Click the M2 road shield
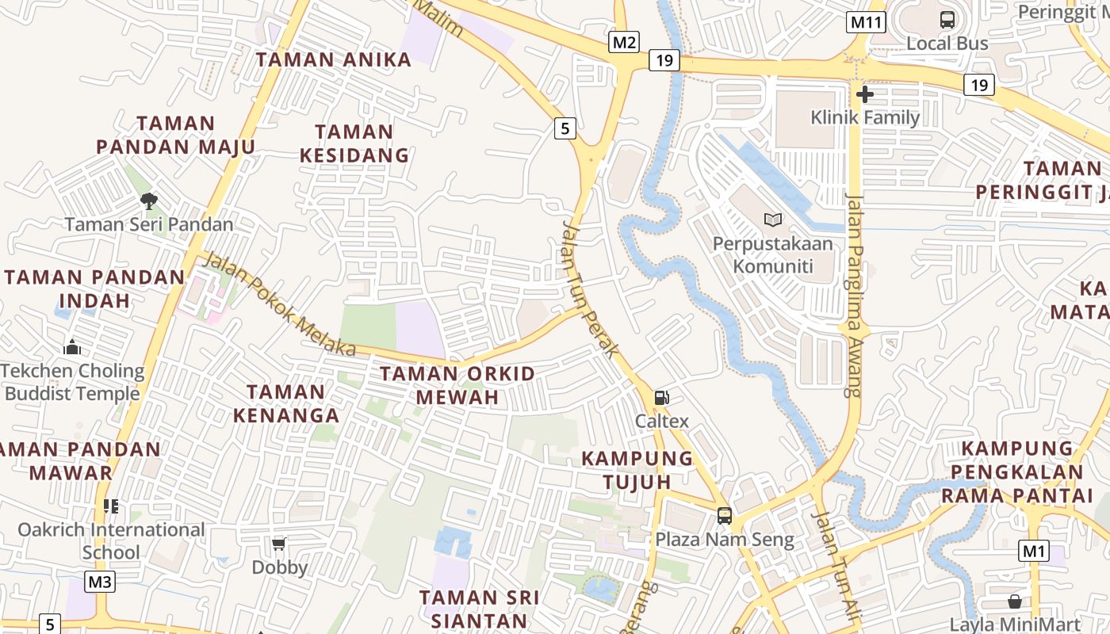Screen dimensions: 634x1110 click(x=624, y=42)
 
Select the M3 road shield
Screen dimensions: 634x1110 click(x=100, y=582)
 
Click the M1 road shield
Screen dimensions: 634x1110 click(x=1034, y=551)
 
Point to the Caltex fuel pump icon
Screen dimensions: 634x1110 click(x=661, y=398)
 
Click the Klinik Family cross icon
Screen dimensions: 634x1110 click(x=865, y=95)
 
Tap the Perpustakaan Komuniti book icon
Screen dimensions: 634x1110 click(x=772, y=220)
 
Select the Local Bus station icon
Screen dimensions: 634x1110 click(x=947, y=20)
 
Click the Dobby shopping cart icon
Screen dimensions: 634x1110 click(x=278, y=544)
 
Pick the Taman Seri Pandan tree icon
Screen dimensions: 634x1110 click(x=148, y=201)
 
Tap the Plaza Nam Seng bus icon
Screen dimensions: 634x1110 click(x=724, y=516)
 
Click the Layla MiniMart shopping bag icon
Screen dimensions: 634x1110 click(x=1015, y=601)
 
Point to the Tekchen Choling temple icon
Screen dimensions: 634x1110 click(x=72, y=347)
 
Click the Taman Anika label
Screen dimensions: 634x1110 click(x=334, y=59)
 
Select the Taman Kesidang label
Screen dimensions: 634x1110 click(x=354, y=143)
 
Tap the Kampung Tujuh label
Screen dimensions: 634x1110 click(x=637, y=470)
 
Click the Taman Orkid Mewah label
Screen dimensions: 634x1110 click(x=457, y=385)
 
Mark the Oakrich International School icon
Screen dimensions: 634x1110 click(x=111, y=506)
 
